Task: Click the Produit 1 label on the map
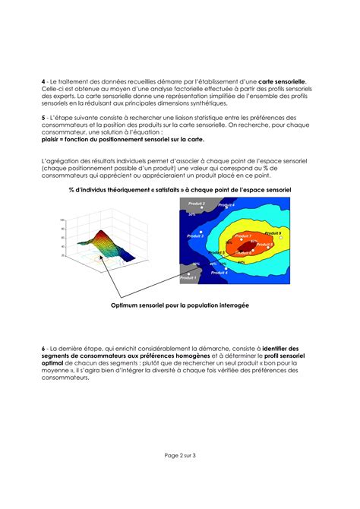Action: tap(188, 279)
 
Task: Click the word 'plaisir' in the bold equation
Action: tap(52, 140)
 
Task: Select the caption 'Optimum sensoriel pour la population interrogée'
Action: tap(179, 305)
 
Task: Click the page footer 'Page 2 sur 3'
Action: tap(179, 456)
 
